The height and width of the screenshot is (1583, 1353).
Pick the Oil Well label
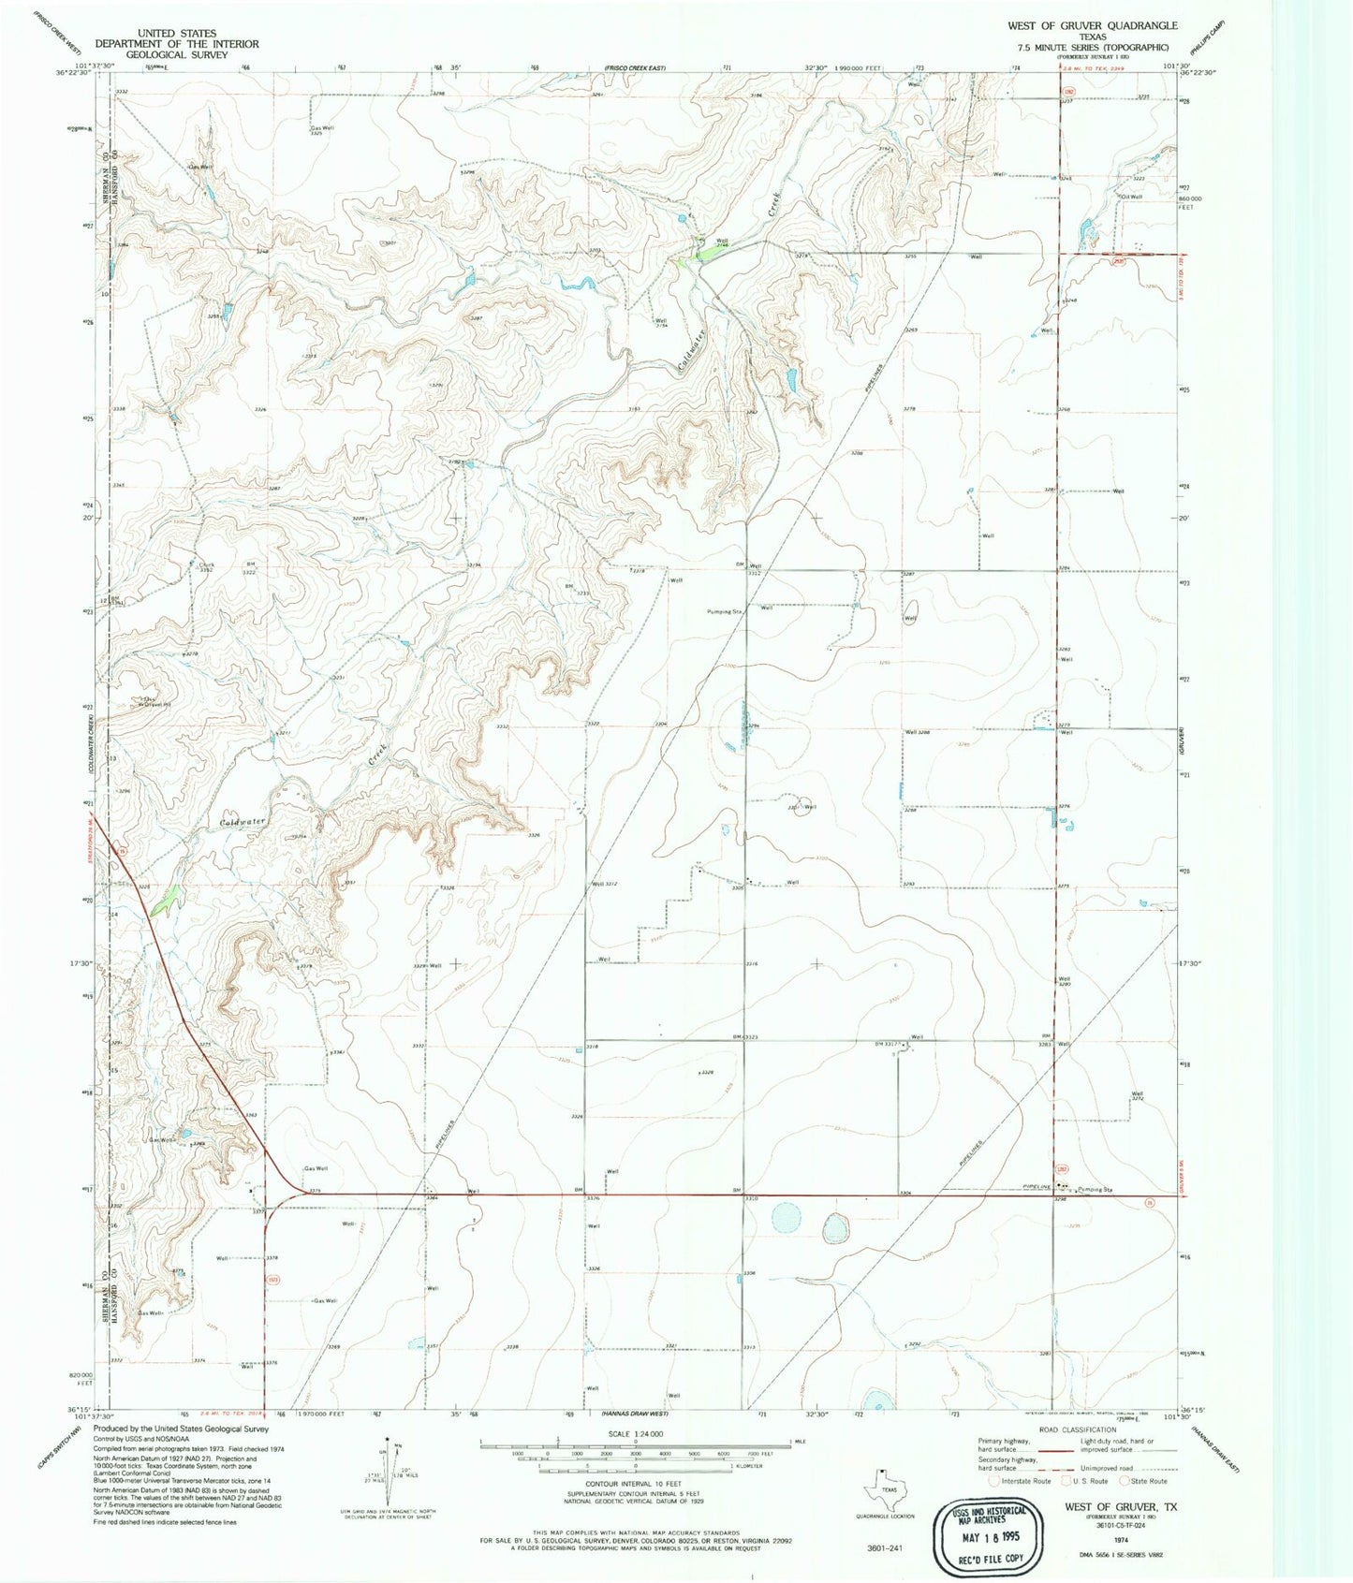pyautogui.click(x=1131, y=197)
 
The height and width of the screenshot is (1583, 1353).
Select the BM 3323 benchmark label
pyautogui.click(x=749, y=1037)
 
